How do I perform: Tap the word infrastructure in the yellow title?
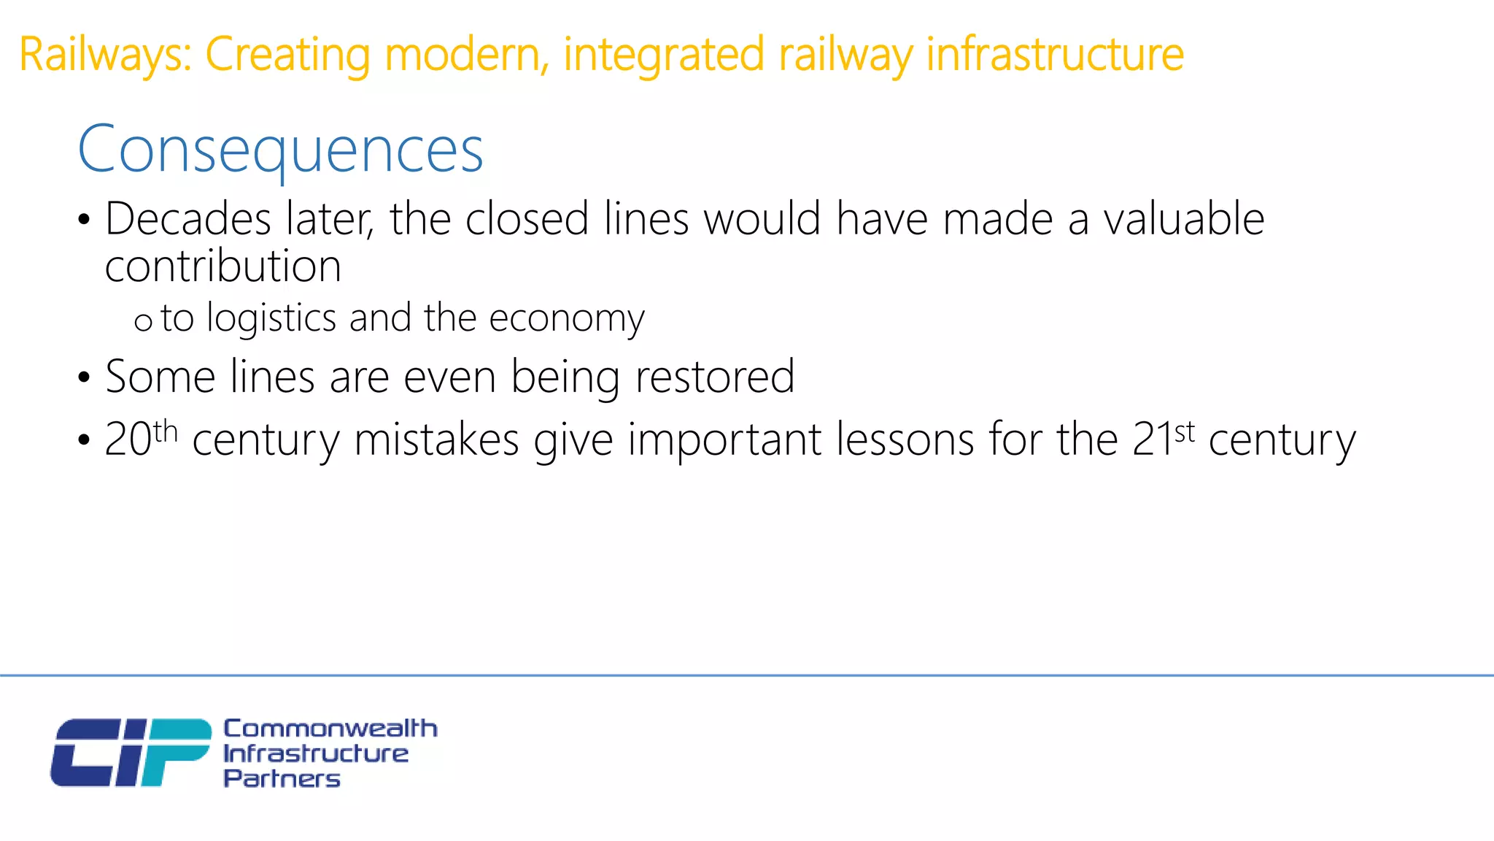[1055, 55]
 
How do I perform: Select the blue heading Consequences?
[280, 149]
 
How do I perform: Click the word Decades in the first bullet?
[188, 219]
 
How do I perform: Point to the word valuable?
[1183, 219]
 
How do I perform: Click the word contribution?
[223, 266]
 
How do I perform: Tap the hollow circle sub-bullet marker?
[143, 322]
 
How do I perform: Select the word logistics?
[271, 318]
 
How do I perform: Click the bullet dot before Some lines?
[84, 378]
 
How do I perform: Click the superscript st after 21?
[1185, 431]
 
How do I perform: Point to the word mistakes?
[436, 439]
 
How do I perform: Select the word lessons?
[905, 439]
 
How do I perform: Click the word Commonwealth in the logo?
[330, 728]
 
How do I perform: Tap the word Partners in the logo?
[282, 778]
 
